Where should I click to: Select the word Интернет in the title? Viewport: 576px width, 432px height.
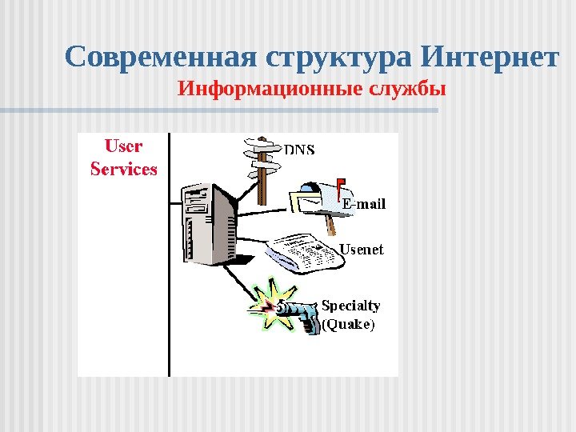(489, 58)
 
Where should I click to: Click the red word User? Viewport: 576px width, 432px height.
(124, 146)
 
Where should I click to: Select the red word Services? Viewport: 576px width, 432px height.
(124, 169)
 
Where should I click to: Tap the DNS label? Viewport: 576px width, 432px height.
(300, 150)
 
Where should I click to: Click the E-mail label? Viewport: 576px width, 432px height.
(364, 204)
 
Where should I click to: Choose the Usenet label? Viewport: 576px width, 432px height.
(362, 250)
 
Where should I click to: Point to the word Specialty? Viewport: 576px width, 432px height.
(350, 305)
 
